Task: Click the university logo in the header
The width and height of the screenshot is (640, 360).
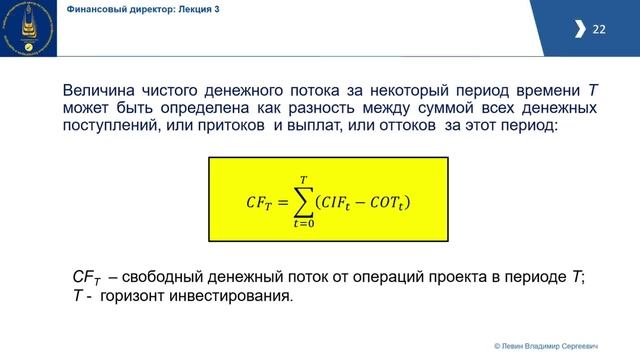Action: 28,29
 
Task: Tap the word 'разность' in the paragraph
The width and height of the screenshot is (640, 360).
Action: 341,108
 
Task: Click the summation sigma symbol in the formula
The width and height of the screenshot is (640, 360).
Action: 300,201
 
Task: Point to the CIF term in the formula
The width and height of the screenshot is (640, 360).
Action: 338,203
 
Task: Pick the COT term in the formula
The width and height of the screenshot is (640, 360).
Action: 383,203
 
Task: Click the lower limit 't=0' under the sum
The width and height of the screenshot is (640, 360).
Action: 300,225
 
